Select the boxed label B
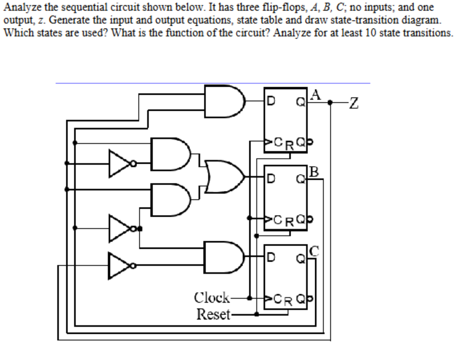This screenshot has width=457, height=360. coord(315,172)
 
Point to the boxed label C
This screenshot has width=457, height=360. coord(315,248)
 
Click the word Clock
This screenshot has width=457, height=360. coord(212,297)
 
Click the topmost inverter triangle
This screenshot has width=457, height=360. coord(118,162)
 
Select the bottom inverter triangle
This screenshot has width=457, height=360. coord(118,265)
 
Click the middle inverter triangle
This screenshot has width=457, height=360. coord(118,227)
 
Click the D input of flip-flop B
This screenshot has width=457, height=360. coord(272,178)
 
